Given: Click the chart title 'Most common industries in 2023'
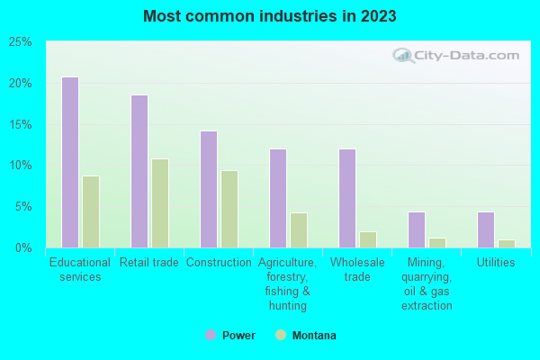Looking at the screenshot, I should point(269,16).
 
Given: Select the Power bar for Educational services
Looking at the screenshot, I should point(69,162).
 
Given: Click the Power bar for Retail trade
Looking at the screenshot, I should point(139,171).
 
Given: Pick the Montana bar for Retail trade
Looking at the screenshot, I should point(160,203).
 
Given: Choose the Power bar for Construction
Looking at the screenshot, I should point(208,189).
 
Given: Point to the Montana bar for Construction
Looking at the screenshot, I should point(229,209).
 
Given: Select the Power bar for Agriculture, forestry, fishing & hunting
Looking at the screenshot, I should point(277,198).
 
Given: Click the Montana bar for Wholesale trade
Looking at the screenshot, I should point(368,239).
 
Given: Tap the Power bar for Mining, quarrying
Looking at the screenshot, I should point(416,229).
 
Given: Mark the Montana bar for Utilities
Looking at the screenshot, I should point(507,243).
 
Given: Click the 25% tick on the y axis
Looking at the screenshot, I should point(21,42).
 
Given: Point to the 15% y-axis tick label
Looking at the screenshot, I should point(21,124).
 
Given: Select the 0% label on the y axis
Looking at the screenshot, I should point(23,247).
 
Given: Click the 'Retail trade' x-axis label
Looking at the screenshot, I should point(149,263).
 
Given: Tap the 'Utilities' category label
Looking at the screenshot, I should point(496,263).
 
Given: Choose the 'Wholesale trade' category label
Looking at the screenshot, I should point(357,270).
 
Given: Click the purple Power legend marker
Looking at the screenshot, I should point(210,336).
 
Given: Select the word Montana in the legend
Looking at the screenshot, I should point(314,336).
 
